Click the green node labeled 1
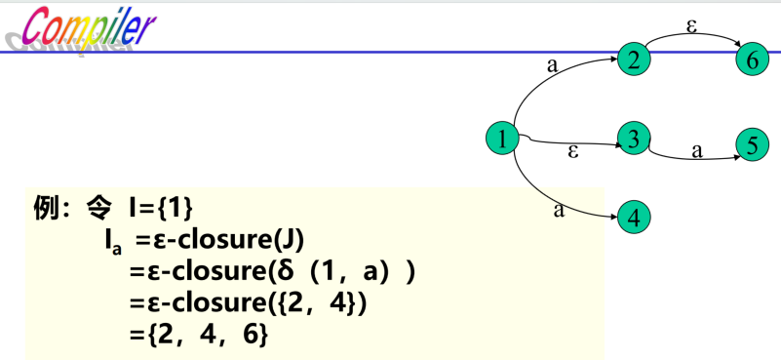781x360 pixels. [501, 140]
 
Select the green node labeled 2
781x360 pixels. [634, 59]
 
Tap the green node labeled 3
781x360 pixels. [634, 140]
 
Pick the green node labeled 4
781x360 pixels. [634, 217]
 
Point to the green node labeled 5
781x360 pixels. [752, 145]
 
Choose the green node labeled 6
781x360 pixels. [752, 60]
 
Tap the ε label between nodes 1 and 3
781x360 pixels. [573, 152]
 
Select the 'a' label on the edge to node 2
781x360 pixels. [553, 66]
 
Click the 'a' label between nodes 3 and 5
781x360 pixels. [697, 150]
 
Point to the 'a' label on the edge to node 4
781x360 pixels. [559, 208]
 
